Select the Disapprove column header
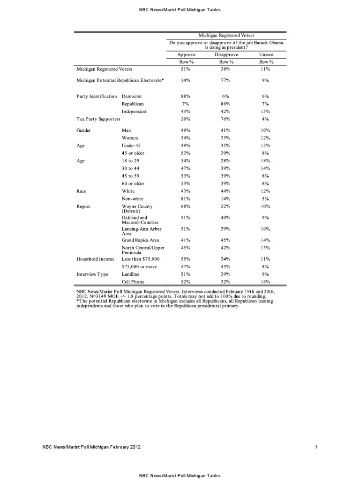[226, 54]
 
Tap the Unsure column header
[266, 54]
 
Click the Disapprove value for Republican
[226, 104]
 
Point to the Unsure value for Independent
[266, 112]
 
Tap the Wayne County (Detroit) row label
[137, 209]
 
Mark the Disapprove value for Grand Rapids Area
[226, 240]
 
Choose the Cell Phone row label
[134, 282]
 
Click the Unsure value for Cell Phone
[266, 282]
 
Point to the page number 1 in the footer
[317, 447]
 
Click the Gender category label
[84, 130]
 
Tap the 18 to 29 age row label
[132, 161]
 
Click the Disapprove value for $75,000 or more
[226, 266]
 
